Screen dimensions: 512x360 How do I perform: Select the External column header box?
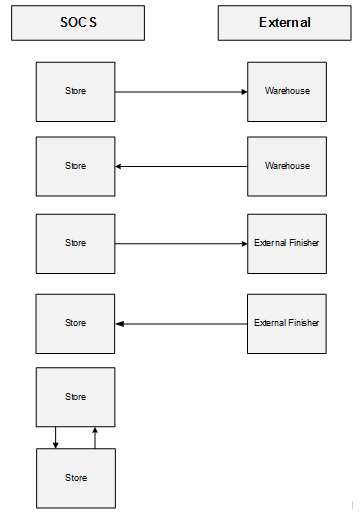pos(285,22)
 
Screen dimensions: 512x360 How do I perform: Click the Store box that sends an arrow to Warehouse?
pos(75,91)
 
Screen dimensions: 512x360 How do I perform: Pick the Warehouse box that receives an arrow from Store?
pos(287,91)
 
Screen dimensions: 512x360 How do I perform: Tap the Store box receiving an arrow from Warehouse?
pos(75,166)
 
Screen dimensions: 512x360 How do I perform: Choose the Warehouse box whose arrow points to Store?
pos(287,166)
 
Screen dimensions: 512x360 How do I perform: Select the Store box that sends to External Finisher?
pos(75,243)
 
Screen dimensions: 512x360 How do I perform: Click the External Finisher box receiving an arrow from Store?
pos(287,243)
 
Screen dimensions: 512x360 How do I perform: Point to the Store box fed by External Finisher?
pos(75,323)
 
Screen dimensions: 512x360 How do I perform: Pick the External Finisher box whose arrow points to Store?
pos(287,323)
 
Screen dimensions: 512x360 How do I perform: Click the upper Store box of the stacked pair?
pos(75,397)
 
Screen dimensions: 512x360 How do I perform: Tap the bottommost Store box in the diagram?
pos(75,478)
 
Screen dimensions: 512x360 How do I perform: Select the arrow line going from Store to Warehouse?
pos(180,91)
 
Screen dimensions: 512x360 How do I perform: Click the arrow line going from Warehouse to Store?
pos(180,166)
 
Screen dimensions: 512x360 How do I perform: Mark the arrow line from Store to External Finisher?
pos(180,243)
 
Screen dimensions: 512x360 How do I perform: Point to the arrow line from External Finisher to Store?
pos(180,323)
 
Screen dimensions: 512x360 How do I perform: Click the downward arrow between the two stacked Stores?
pos(55,437)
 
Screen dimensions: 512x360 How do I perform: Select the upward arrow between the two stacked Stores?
pos(95,437)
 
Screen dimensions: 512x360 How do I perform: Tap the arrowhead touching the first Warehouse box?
pos(243,91)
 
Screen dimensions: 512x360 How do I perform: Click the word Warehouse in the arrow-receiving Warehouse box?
pos(287,91)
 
